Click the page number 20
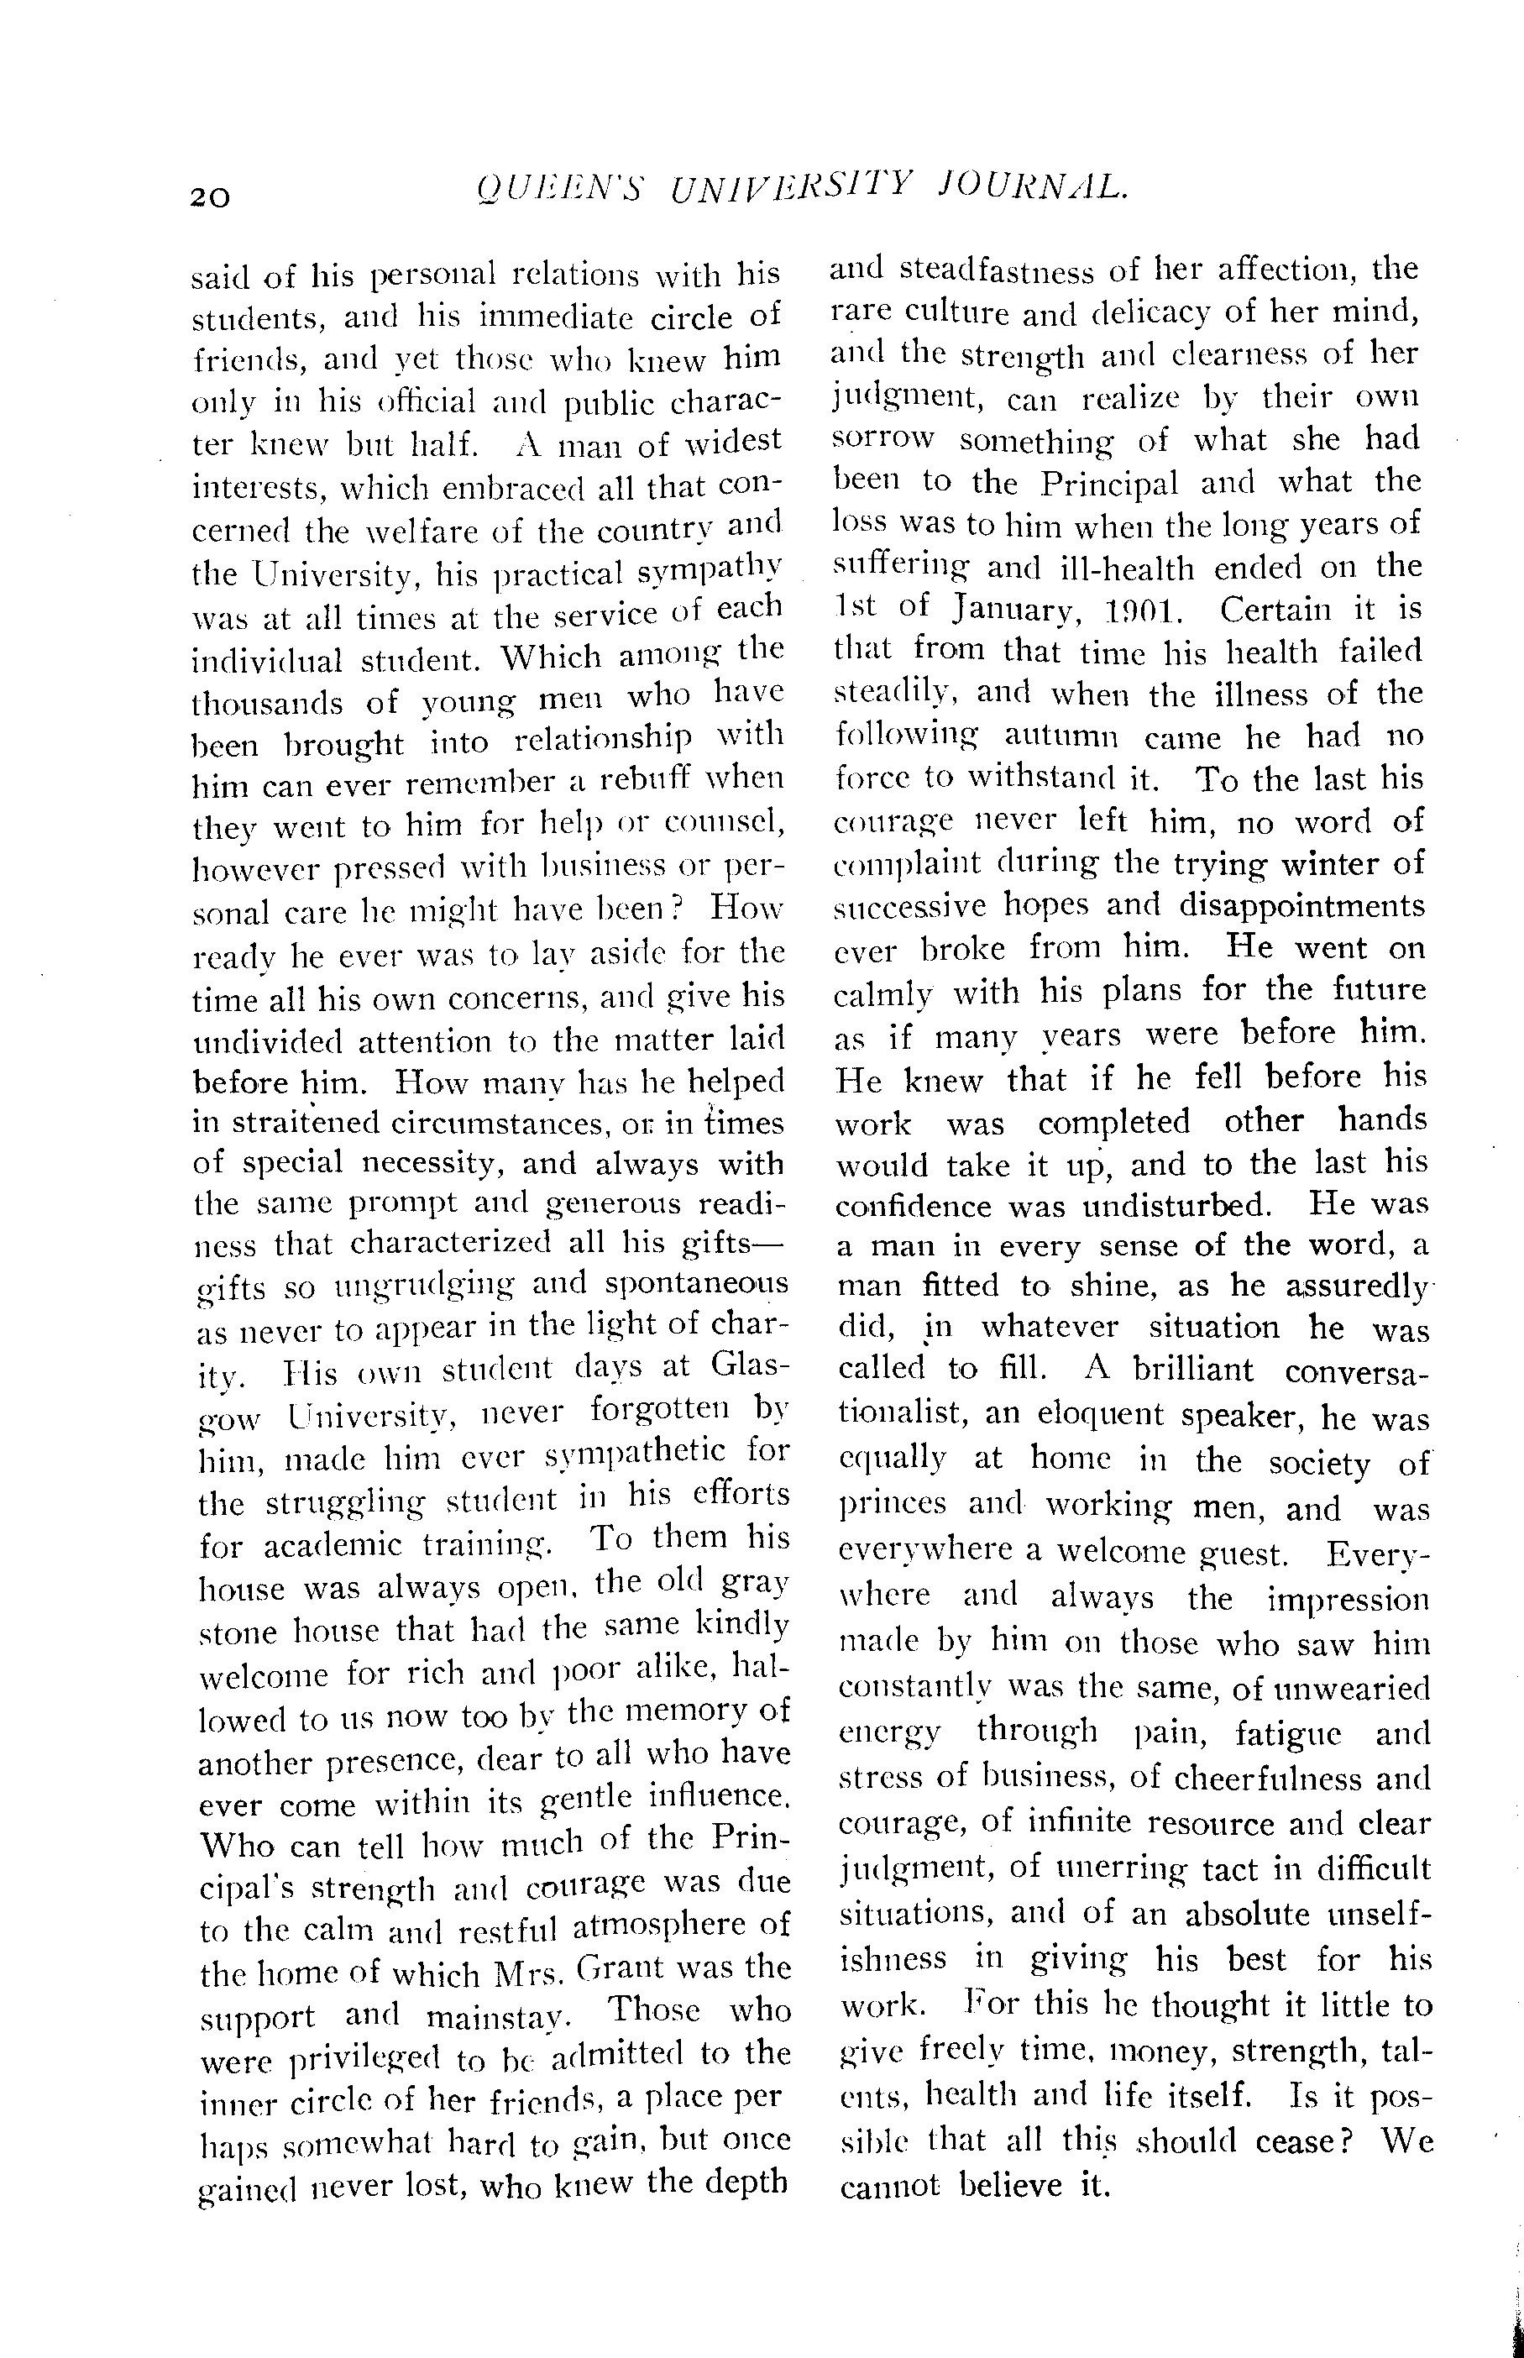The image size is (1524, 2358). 211,196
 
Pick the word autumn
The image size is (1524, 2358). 1060,736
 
